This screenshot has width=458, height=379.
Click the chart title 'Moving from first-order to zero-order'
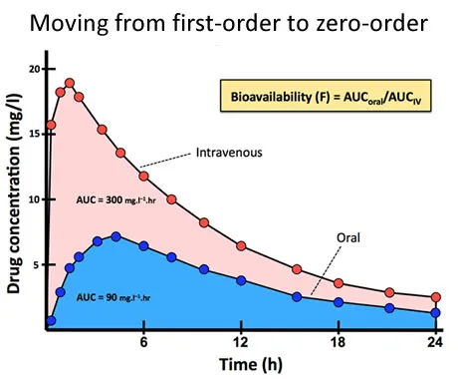229,22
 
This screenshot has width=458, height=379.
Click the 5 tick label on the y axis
38,264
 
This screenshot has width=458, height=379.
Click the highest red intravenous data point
70,84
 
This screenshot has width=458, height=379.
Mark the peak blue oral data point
116,236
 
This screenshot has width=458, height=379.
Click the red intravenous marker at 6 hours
144,176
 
